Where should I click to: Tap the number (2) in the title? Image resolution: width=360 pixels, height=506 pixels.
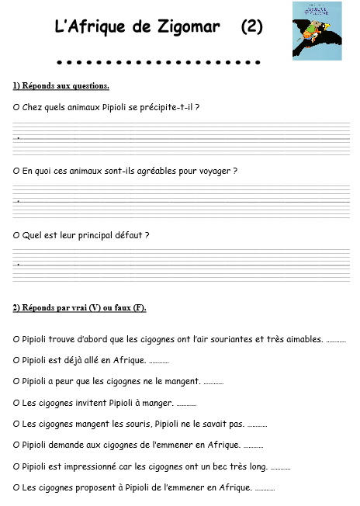tap(251, 27)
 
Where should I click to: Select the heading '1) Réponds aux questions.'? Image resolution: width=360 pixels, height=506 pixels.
tap(61, 85)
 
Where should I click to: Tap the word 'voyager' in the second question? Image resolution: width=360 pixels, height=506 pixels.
tap(214, 170)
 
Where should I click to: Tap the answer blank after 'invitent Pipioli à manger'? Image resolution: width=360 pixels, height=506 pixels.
tap(186, 403)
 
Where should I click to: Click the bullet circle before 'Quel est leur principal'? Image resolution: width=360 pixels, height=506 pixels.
tap(16, 234)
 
